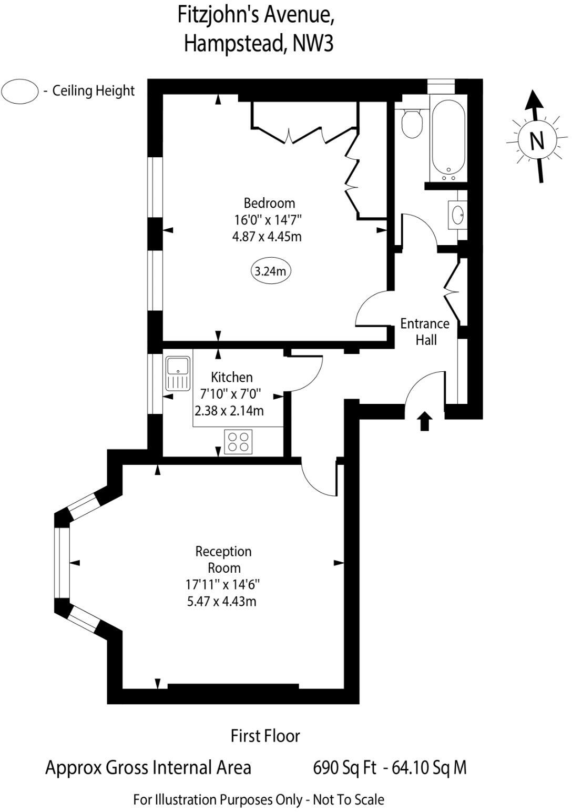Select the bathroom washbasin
click(457, 214)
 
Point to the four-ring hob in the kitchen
click(238, 441)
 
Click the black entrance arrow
click(425, 421)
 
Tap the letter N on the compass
click(536, 140)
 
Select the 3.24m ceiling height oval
click(271, 271)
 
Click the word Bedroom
click(269, 202)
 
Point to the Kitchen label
click(231, 377)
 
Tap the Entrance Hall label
click(425, 331)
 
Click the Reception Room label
click(224, 560)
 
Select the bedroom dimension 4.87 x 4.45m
click(267, 236)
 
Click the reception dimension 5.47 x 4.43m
click(222, 601)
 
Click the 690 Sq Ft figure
click(344, 768)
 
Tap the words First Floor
click(265, 735)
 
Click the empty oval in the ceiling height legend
click(20, 92)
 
